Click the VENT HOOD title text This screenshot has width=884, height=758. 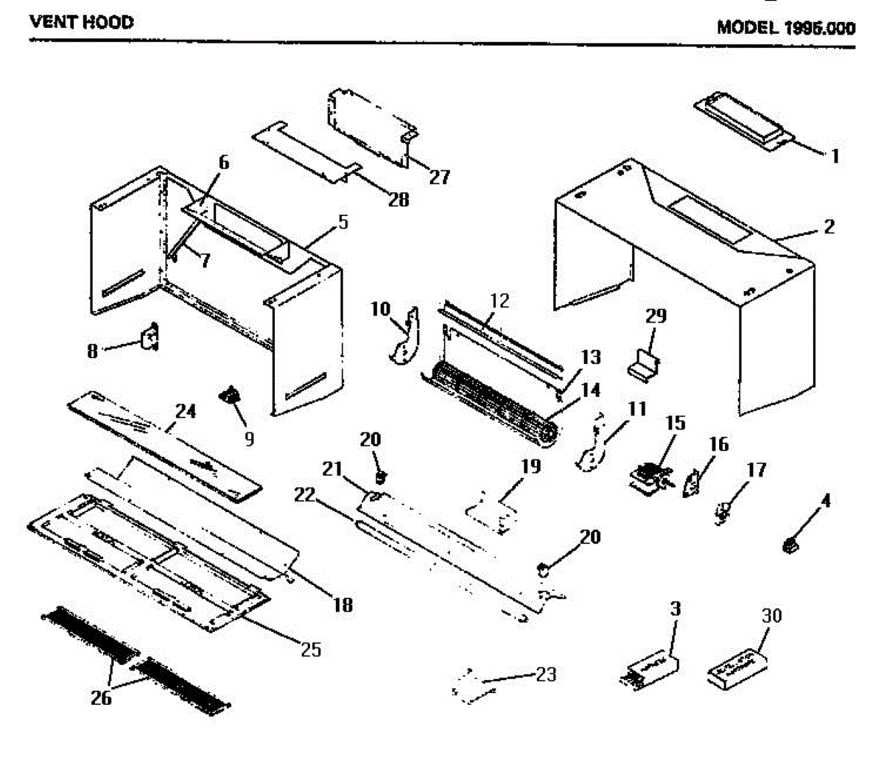(81, 23)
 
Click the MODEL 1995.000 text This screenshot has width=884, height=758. (786, 28)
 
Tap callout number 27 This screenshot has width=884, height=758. (440, 177)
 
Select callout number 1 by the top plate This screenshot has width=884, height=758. (835, 155)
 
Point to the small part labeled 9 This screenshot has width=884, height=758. (231, 398)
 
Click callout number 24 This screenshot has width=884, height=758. (186, 410)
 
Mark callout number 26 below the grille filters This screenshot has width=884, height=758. (101, 696)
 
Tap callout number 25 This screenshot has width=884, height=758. (312, 650)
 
